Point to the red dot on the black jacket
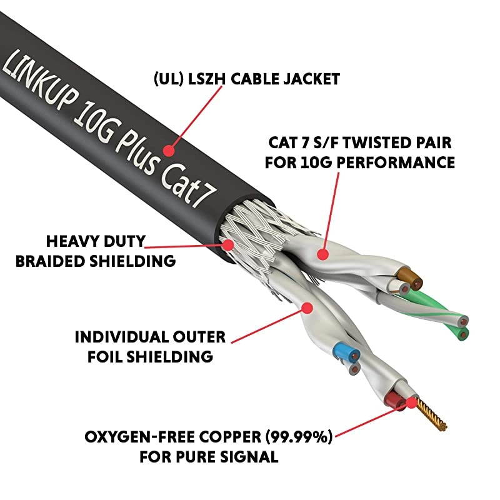[169, 150]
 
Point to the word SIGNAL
[245, 457]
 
